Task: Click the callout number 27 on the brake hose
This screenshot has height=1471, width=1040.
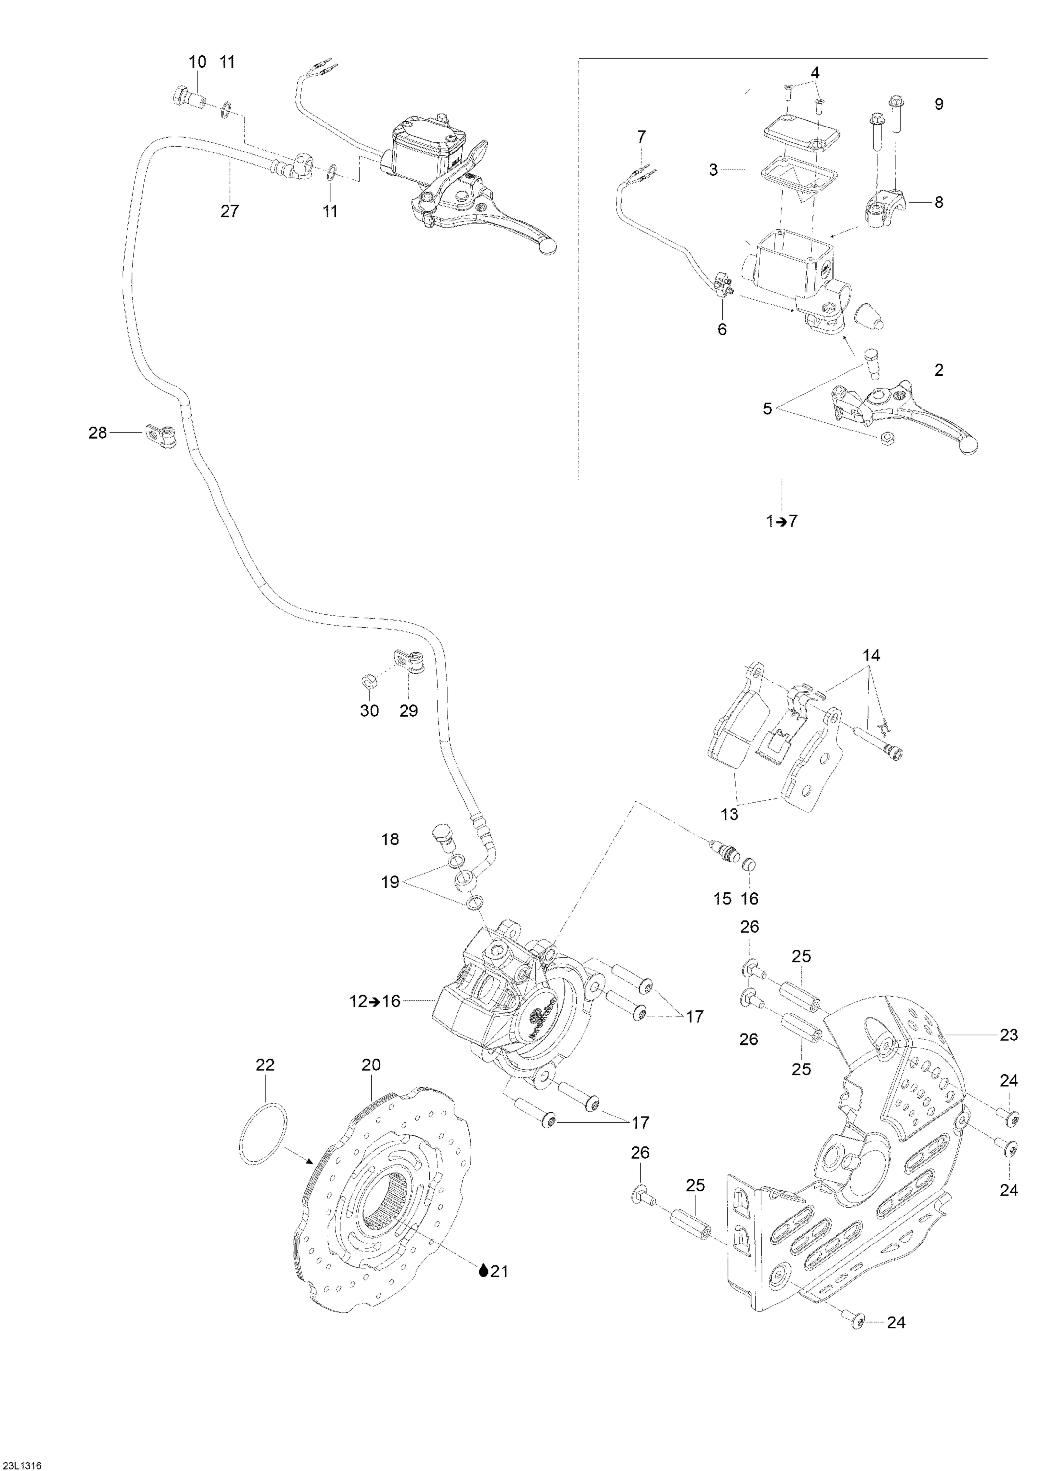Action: [x=229, y=211]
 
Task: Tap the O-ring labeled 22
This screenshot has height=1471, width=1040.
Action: [x=264, y=1133]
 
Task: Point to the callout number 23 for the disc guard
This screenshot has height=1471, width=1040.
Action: [x=1009, y=1035]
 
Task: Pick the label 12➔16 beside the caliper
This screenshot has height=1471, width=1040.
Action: [x=382, y=1001]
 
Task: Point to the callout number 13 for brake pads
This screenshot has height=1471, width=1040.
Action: [x=729, y=814]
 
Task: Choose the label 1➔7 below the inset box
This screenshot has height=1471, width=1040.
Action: [x=782, y=521]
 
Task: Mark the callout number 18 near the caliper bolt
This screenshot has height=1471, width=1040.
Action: [x=390, y=839]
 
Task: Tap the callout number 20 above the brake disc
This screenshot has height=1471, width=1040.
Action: [x=371, y=1065]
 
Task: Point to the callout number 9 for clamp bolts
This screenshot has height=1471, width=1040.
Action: [x=939, y=104]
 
